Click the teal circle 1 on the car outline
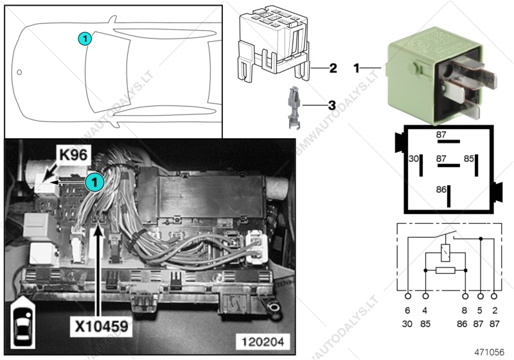85,39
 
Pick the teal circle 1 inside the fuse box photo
94,182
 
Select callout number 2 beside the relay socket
332,67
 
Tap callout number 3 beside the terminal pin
332,104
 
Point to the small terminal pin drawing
292,107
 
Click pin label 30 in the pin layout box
414,157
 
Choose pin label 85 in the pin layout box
469,157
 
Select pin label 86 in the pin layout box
441,190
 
